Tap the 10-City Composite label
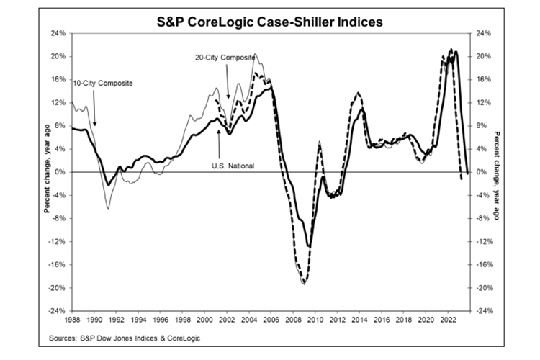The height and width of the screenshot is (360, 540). [104, 84]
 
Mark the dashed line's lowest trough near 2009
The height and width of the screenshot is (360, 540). [304, 284]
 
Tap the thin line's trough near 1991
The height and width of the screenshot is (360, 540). [108, 208]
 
